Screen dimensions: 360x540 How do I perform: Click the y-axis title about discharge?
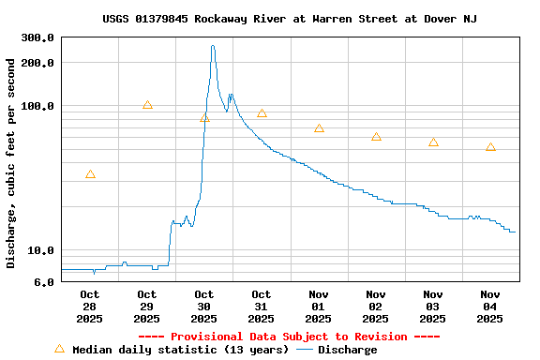coord(11,163)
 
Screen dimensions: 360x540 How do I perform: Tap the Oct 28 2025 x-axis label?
coord(90,306)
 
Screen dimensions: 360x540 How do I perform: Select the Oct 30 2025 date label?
coord(204,306)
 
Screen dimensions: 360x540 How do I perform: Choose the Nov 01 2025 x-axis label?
coord(319,306)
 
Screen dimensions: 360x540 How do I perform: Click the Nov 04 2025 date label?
coord(490,306)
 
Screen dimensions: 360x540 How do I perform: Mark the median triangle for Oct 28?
coord(90,174)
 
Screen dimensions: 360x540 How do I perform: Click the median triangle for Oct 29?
coord(147,105)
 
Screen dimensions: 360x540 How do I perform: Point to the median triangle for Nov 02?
coord(376,137)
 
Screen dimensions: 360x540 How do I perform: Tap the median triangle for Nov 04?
coord(490,147)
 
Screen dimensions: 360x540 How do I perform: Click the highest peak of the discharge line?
coord(213,46)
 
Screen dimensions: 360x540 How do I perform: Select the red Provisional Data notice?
coord(289,337)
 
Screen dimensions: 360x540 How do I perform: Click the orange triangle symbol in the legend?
coord(59,349)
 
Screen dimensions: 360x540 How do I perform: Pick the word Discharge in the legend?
coord(347,350)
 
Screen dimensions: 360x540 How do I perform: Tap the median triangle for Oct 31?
coord(262,113)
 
